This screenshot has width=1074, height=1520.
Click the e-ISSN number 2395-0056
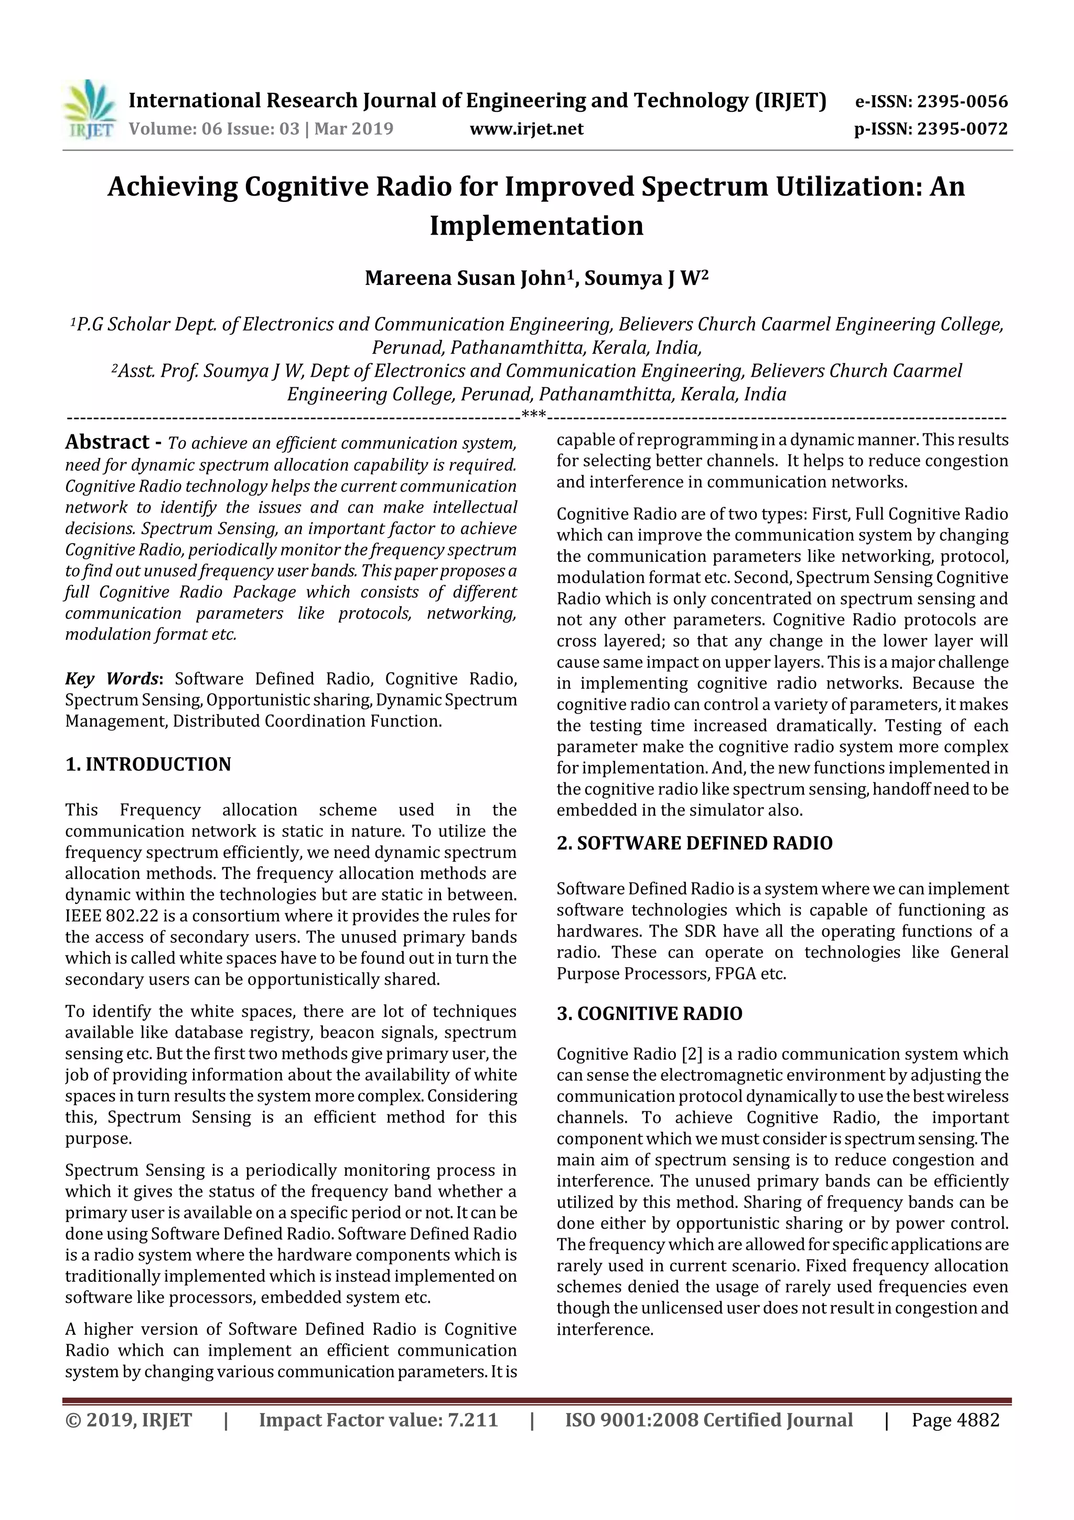[x=961, y=102]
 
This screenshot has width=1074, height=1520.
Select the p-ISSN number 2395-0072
[x=961, y=129]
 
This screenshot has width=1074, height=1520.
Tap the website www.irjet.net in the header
[x=527, y=129]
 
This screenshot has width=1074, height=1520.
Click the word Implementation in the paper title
[x=536, y=226]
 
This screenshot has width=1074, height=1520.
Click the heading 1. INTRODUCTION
[x=148, y=764]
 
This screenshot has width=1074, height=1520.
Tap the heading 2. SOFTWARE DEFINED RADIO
[x=694, y=843]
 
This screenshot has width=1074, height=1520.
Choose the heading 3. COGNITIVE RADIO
[x=649, y=1014]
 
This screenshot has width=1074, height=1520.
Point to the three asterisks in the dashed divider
[x=533, y=414]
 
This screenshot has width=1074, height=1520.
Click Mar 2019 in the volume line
[x=353, y=129]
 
